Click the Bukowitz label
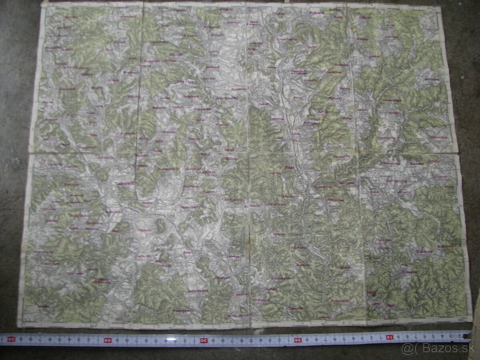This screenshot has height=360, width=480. [159, 108]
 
